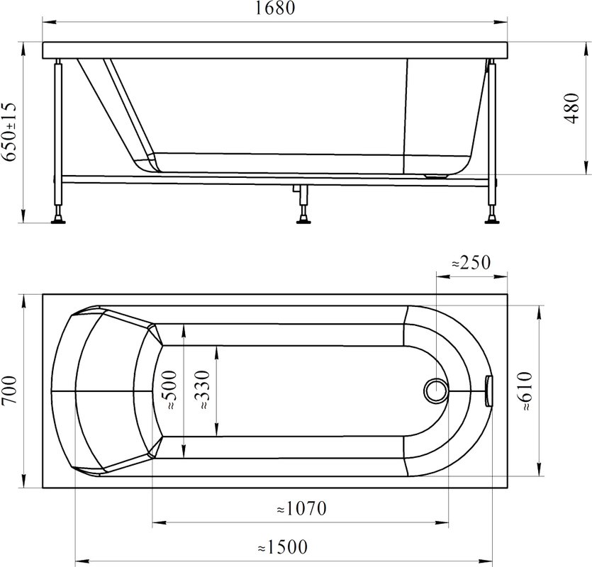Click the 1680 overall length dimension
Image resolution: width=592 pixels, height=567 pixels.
click(x=275, y=9)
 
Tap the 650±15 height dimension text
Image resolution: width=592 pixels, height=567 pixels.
click(x=9, y=132)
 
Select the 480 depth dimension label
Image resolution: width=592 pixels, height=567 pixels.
click(x=571, y=108)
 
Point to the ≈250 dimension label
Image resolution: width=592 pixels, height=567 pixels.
click(x=471, y=262)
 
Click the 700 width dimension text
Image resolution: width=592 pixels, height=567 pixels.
click(x=9, y=390)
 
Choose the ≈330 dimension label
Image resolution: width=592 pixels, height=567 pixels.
click(x=203, y=391)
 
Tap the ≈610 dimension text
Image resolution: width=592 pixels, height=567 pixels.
click(x=525, y=391)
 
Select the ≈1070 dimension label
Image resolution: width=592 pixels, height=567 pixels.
click(x=301, y=508)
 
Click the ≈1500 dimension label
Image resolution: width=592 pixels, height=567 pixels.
click(x=282, y=547)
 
